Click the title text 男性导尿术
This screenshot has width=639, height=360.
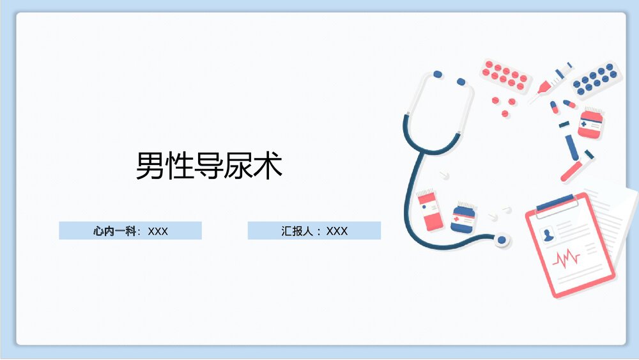click(x=209, y=166)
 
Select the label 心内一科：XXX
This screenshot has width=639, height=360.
click(x=130, y=231)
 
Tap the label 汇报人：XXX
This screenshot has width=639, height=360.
click(x=314, y=231)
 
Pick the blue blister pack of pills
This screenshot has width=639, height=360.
click(x=594, y=80)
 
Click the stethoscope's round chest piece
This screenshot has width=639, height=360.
click(x=502, y=240)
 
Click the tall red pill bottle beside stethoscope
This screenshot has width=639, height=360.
click(x=430, y=210)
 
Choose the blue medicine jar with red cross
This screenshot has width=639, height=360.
click(x=463, y=218)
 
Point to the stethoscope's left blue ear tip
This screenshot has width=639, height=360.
click(x=437, y=74)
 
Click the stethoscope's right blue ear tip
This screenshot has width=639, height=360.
click(x=461, y=82)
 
